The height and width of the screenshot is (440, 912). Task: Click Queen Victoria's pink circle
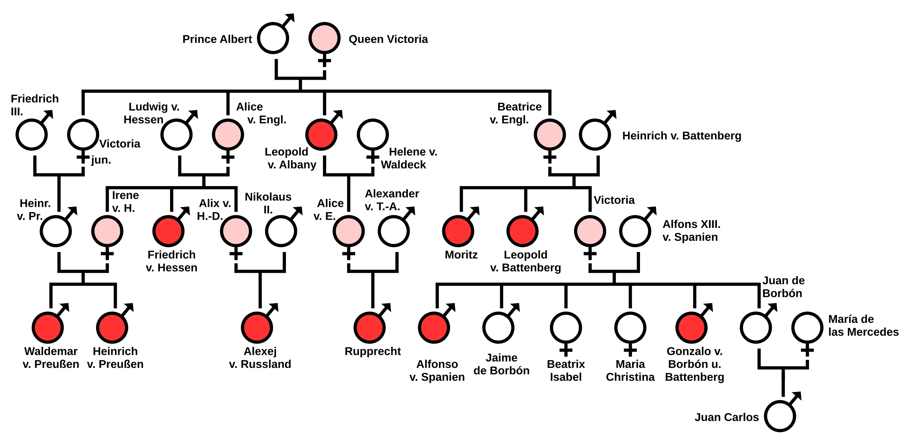coord(324,38)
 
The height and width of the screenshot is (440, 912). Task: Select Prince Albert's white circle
coord(273,38)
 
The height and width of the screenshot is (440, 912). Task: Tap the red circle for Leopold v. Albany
coord(321,135)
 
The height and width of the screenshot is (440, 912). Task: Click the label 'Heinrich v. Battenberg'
coord(681,135)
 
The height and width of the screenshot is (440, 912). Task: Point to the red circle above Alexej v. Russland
coord(257,327)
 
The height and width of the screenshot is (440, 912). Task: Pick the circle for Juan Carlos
coord(780,416)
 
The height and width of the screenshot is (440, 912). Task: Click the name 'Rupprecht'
coord(372,351)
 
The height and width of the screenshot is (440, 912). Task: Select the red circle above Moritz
coord(458,231)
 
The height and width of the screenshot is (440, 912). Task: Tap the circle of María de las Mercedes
coord(807,327)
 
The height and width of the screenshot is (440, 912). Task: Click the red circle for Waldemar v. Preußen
coord(48,327)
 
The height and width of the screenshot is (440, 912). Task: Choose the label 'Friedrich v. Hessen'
coord(171,261)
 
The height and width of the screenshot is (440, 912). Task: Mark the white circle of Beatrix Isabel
coord(566,327)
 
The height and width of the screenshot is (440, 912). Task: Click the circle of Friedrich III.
coord(32,135)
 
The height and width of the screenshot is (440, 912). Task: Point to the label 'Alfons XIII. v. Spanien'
coord(691,230)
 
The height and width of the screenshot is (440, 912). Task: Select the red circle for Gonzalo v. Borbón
coord(691,327)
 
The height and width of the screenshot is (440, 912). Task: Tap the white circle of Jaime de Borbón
coord(498,327)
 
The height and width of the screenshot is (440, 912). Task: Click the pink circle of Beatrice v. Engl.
coord(549,135)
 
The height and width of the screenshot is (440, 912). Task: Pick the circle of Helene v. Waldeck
coord(372,135)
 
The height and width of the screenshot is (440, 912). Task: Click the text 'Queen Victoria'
coord(388,39)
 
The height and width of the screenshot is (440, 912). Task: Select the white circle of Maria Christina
coord(630,327)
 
